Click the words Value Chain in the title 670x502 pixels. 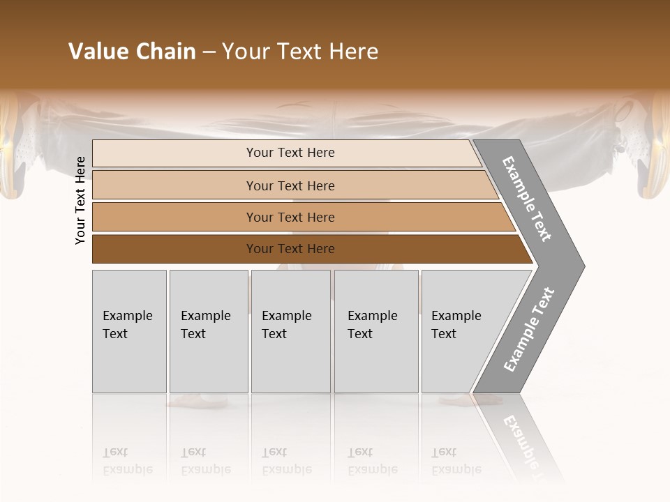[132, 52]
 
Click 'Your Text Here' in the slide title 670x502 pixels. [300, 52]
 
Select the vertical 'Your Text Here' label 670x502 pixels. [80, 200]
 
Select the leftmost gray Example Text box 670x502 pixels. [129, 331]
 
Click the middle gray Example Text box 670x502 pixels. [290, 331]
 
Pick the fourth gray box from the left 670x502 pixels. [376, 331]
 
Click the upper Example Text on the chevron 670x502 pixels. [528, 199]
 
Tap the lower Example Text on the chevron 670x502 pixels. [528, 330]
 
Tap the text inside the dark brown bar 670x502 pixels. [290, 249]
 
